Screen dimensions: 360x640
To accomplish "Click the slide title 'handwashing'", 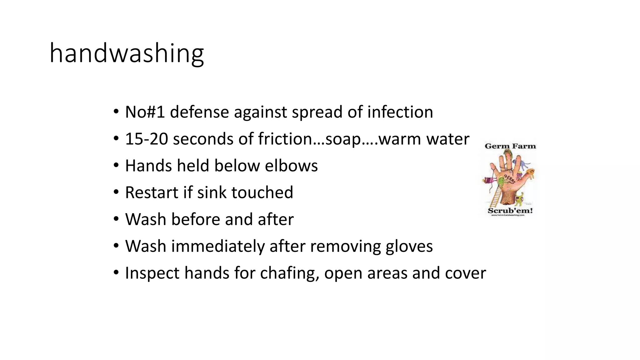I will (127, 53).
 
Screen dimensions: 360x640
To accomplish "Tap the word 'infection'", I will (400, 112).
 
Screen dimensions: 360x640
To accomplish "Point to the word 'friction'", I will (285, 139).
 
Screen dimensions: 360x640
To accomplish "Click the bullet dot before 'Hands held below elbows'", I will (116, 165).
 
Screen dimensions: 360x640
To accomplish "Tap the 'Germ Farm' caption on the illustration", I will (510, 146).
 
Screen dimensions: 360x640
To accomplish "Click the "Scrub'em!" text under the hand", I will (510, 210).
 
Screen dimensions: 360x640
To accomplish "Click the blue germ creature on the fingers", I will (525, 164).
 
